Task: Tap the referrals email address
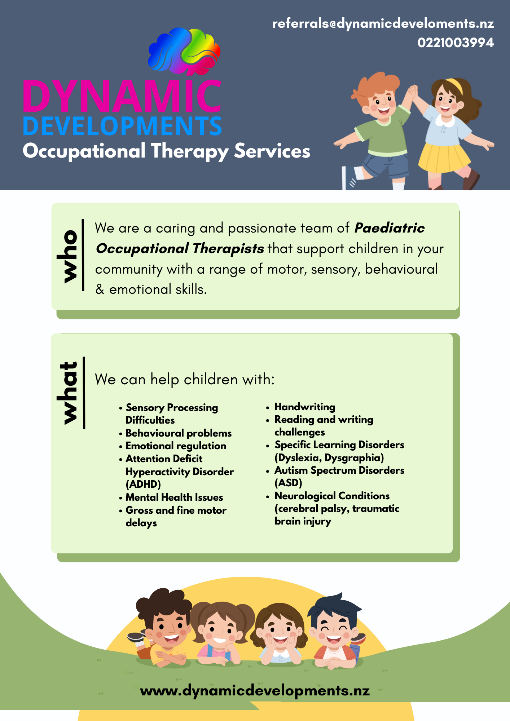tap(383, 24)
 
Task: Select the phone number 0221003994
tap(456, 43)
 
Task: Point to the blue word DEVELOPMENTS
tap(122, 126)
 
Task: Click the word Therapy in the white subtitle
tap(190, 151)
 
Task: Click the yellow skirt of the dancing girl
tap(444, 158)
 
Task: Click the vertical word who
tap(67, 256)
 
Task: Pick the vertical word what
tap(67, 392)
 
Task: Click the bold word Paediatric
tap(390, 228)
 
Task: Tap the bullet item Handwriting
tap(305, 407)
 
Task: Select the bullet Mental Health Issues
tap(174, 497)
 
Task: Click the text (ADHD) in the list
tap(143, 485)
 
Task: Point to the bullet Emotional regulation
tap(176, 446)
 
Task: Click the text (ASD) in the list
tap(288, 483)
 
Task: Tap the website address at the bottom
tap(255, 691)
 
